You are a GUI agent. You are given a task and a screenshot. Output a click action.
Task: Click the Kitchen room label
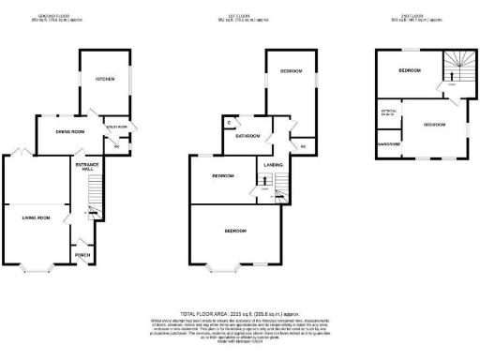pyautogui.click(x=104, y=79)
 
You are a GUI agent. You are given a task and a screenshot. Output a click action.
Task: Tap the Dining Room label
pyautogui.click(x=71, y=132)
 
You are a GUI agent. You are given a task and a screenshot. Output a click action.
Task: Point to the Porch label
pyautogui.click(x=82, y=254)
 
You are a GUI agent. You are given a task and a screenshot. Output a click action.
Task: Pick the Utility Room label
pyautogui.click(x=116, y=126)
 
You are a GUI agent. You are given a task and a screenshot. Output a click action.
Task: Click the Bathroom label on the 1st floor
pyautogui.click(x=246, y=135)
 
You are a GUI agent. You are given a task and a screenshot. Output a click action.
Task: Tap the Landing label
pyautogui.click(x=274, y=167)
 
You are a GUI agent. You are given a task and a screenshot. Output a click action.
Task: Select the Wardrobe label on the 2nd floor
pyautogui.click(x=389, y=145)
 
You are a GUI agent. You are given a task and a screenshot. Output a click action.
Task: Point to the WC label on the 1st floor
pyautogui.click(x=304, y=146)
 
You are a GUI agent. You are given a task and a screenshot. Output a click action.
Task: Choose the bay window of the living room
pyautogui.click(x=37, y=266)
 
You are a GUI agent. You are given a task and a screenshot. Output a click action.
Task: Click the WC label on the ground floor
pyautogui.click(x=117, y=146)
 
